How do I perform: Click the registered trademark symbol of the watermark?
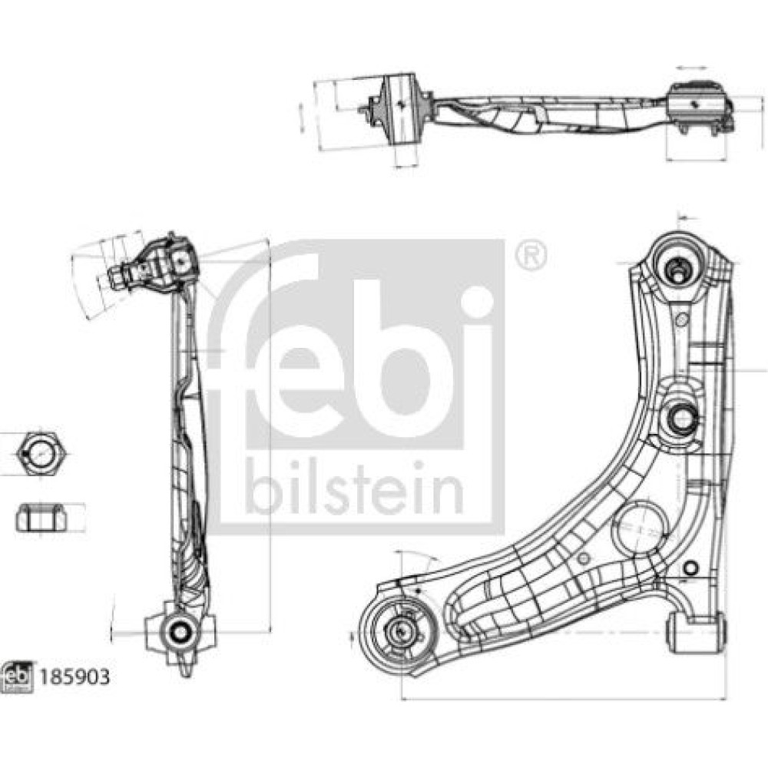tap(530, 255)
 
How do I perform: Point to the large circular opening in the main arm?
tap(641, 528)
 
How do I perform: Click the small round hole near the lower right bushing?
tap(689, 568)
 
